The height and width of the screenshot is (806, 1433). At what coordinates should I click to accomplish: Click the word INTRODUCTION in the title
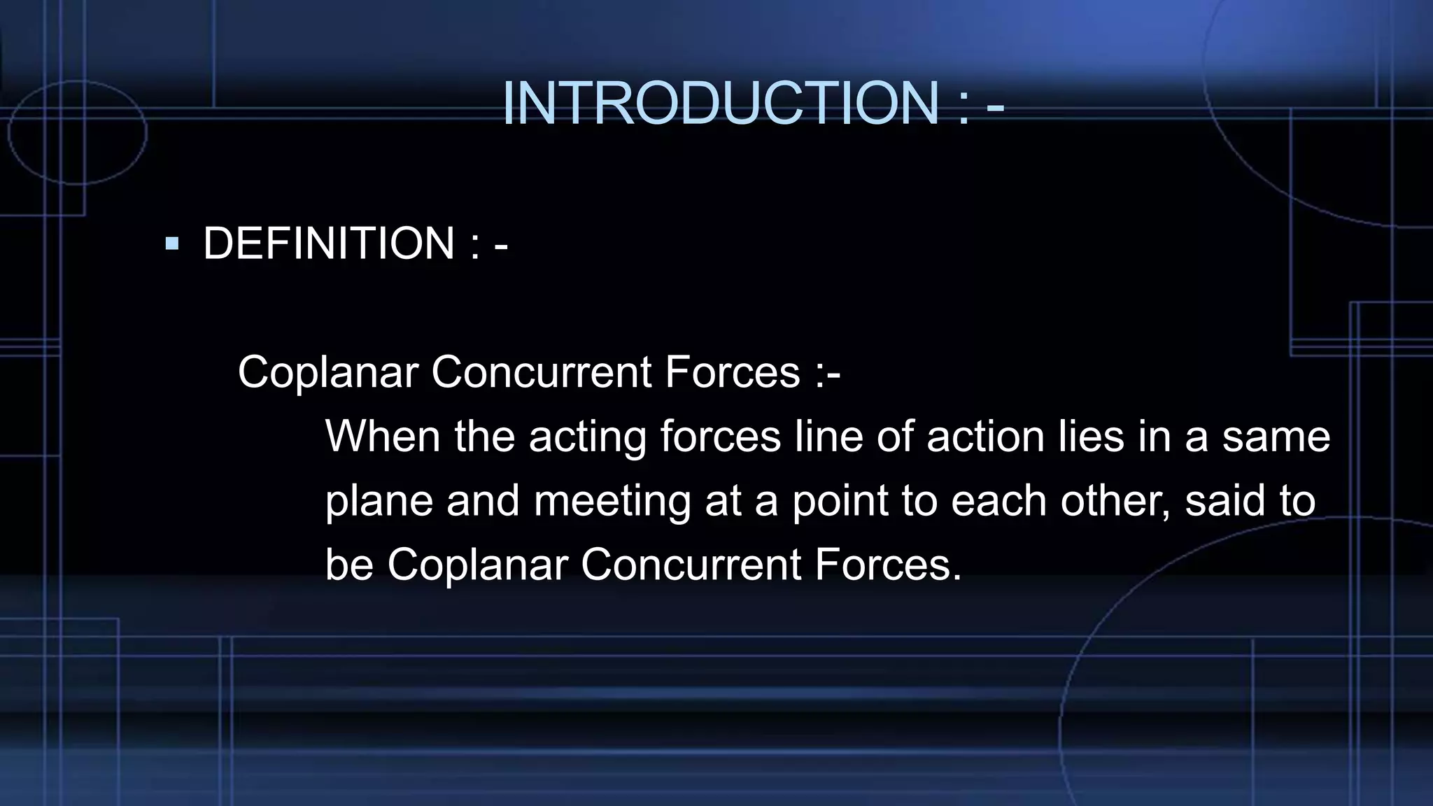pos(721,104)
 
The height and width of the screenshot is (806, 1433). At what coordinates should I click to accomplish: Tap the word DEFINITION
pos(329,243)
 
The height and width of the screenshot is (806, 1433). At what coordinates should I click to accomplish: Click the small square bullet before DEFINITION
pos(172,244)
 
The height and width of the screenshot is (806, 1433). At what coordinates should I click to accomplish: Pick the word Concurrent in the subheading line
pos(542,372)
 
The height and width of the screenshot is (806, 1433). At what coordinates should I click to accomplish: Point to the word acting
pos(587,437)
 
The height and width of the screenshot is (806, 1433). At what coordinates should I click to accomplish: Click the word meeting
pos(612,502)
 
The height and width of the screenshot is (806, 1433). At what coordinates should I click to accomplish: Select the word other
pos(1115,500)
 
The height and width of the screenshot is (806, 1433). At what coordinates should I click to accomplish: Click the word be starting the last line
pos(349,564)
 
